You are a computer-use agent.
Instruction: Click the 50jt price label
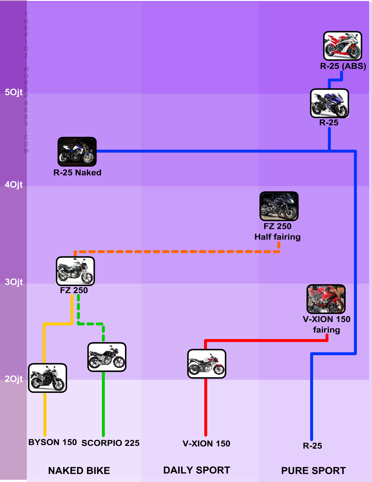click(x=14, y=92)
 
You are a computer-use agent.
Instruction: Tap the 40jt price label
click(x=14, y=185)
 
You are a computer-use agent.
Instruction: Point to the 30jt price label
click(x=14, y=282)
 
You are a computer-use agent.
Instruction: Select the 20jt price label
click(x=14, y=379)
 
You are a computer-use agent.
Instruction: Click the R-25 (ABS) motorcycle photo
click(x=343, y=46)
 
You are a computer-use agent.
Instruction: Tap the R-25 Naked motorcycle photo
click(x=77, y=152)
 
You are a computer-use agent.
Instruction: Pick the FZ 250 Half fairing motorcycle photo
click(x=279, y=206)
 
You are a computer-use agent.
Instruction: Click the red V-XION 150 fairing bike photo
click(x=326, y=299)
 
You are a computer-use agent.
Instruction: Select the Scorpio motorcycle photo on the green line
click(x=107, y=357)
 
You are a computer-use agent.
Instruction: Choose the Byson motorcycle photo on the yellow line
click(x=48, y=378)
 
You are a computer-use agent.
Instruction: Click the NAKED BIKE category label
click(x=79, y=471)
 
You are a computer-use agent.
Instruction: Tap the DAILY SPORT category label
click(x=197, y=470)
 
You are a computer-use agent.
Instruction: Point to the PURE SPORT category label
click(x=313, y=471)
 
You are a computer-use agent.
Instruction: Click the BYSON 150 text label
click(x=52, y=442)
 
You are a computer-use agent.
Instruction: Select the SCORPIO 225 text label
click(x=110, y=443)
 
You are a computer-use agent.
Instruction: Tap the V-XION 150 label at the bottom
click(x=206, y=444)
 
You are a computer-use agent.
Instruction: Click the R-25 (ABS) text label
click(x=343, y=66)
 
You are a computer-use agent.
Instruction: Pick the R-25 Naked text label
click(x=77, y=173)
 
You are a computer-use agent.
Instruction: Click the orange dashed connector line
click(x=175, y=252)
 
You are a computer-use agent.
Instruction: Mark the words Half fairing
click(x=277, y=237)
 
